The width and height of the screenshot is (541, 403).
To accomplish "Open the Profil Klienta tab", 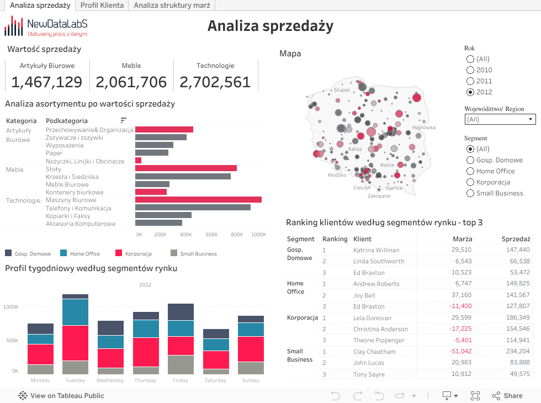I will [102, 6].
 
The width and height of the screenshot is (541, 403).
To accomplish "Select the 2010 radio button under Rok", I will [470, 70].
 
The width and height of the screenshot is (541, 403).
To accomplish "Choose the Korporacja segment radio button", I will [470, 182].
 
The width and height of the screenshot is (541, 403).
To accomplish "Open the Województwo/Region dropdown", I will [500, 119].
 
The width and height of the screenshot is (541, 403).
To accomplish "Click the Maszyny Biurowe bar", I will [198, 200].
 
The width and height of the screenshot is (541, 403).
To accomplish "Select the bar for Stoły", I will [186, 168].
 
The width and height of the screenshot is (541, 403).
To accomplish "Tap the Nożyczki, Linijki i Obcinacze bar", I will [138, 161].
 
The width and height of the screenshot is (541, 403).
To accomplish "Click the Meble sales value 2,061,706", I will [131, 82].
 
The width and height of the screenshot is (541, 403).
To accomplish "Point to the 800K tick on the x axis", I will [236, 235].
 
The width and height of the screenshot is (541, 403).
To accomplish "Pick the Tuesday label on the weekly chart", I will [75, 380].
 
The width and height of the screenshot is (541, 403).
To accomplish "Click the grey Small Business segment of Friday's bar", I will [181, 365].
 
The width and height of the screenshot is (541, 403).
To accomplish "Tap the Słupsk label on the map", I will [342, 89].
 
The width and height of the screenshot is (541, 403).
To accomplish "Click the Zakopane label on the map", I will [379, 196].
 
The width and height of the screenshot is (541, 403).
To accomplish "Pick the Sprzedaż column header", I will [516, 239].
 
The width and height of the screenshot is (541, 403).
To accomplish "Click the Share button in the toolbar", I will [507, 395].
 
